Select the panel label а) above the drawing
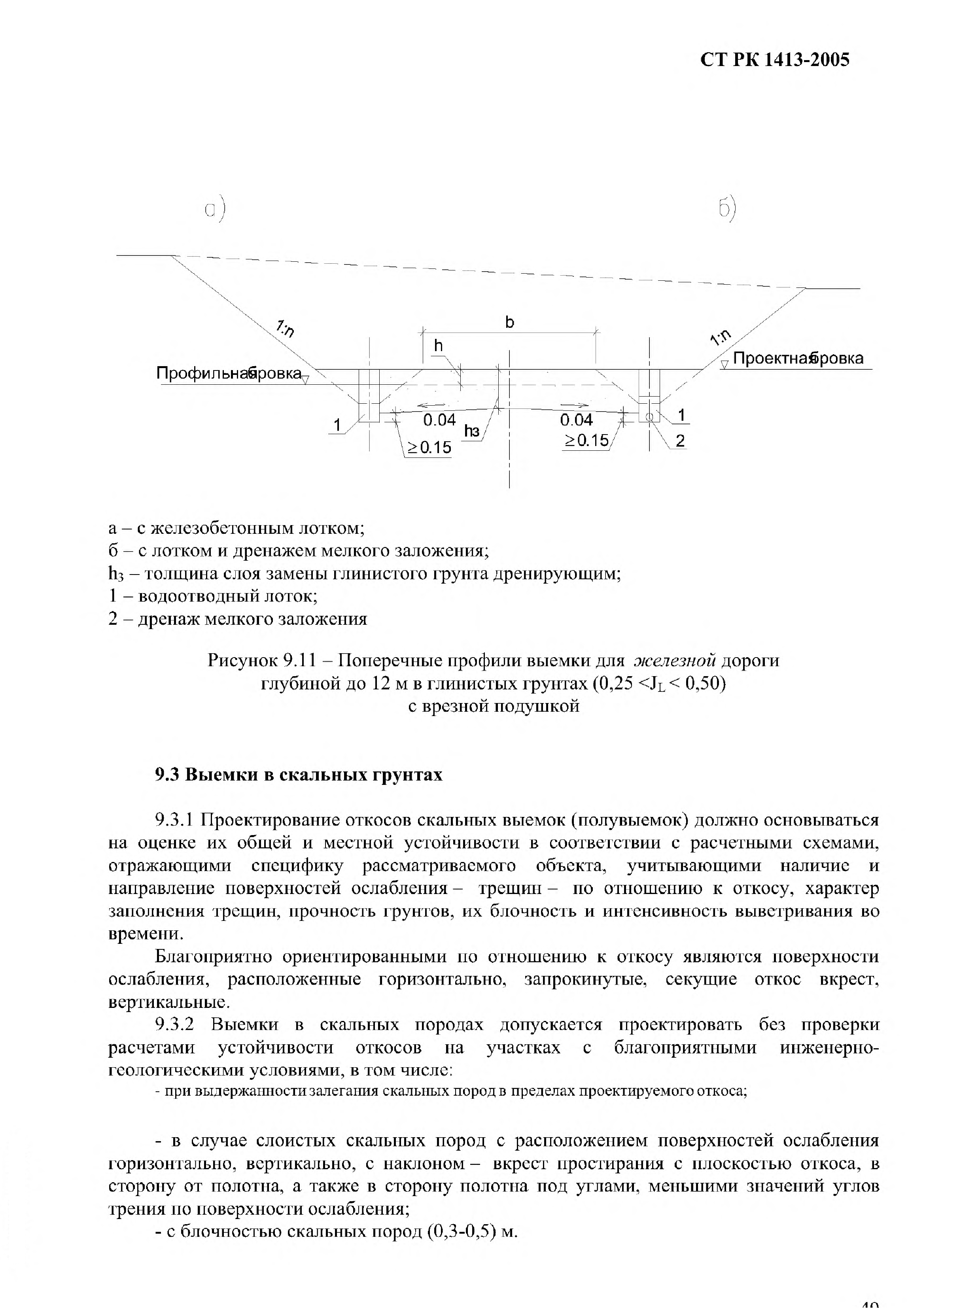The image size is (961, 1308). pos(215,210)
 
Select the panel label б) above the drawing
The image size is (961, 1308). pos(727,210)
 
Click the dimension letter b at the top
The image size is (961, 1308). pos(510,321)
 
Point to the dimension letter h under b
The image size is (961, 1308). pos(438,346)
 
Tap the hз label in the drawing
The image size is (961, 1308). pos(472,431)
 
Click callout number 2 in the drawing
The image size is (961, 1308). pos(680,441)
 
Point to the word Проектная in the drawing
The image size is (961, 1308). pos(771,358)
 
